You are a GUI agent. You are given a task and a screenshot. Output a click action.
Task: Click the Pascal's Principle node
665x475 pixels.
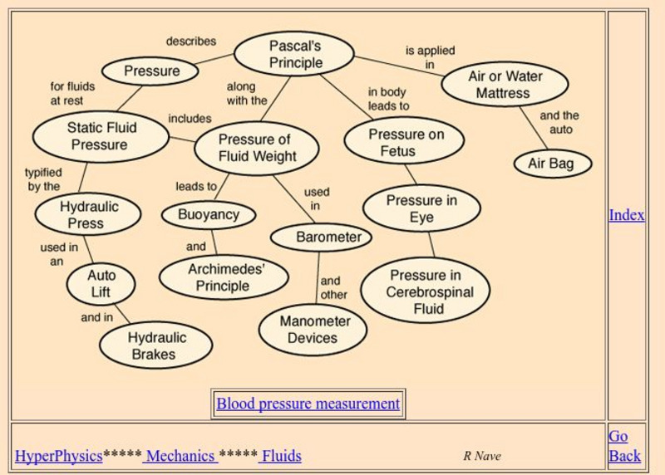tap(294, 54)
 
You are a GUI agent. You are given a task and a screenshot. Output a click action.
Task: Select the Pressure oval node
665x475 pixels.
tap(150, 71)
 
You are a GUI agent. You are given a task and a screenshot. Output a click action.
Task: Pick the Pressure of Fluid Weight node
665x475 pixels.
tap(256, 147)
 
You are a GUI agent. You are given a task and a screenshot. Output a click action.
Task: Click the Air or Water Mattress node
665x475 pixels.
tap(504, 84)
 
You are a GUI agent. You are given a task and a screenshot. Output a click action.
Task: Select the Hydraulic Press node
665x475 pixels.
tap(88, 215)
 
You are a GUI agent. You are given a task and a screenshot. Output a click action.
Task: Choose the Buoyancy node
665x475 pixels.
tap(209, 214)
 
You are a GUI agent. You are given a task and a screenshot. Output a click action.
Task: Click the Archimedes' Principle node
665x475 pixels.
tap(224, 277)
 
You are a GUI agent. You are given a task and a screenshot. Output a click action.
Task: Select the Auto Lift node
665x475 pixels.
tap(101, 283)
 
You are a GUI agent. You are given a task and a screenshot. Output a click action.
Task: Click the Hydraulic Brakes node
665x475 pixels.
tap(156, 345)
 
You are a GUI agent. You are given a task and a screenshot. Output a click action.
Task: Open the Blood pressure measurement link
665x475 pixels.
tap(308, 404)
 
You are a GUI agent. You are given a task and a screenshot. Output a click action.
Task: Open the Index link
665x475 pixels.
tap(626, 215)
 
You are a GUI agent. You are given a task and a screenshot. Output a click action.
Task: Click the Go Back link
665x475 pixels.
tap(624, 446)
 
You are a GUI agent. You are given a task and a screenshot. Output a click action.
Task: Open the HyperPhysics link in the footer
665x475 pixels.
tap(58, 455)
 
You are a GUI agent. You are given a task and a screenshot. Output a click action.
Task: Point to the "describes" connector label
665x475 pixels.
tap(190, 41)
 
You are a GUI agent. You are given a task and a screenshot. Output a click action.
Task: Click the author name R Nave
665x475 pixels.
tap(482, 456)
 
